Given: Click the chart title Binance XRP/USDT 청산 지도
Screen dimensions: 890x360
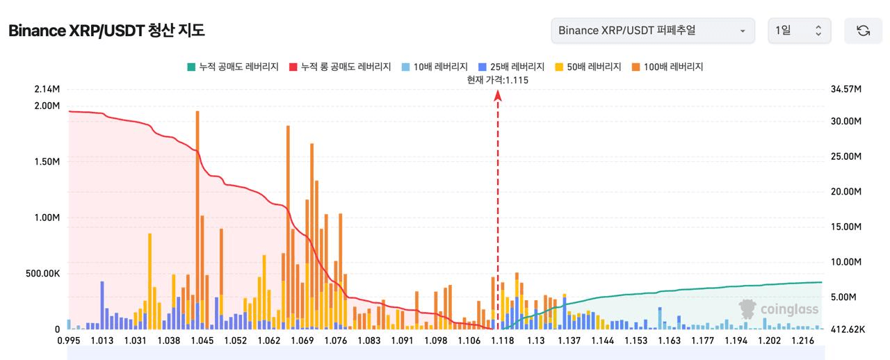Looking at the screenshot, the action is tap(106, 31).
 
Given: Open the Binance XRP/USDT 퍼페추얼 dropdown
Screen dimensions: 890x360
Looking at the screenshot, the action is tap(653, 31).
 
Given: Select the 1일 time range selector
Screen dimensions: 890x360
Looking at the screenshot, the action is tap(800, 31).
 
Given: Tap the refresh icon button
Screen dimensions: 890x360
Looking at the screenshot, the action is tap(863, 31).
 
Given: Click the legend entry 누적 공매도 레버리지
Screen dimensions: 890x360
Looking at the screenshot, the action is tap(233, 67).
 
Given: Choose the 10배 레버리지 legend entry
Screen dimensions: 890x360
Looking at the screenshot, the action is tap(435, 67).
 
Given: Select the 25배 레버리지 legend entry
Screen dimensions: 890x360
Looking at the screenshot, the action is tap(511, 67).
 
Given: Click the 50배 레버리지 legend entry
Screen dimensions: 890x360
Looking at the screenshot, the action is tap(588, 67).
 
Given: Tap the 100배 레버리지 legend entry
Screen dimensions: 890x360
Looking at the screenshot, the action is tap(667, 67).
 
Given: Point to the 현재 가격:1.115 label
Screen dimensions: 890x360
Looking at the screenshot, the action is tap(497, 80).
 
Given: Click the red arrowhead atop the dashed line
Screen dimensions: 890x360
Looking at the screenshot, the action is tap(498, 95).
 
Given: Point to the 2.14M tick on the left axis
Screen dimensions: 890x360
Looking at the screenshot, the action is tap(47, 89).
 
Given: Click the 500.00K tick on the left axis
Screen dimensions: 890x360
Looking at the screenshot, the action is tap(42, 273).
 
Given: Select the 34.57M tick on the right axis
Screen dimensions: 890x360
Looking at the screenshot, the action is tap(846, 89).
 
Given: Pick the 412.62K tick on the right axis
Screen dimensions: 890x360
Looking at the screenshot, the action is tap(848, 329).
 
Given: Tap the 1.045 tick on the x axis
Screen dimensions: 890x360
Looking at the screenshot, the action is tap(202, 341).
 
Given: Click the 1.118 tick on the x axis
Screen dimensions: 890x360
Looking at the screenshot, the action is tap(503, 341).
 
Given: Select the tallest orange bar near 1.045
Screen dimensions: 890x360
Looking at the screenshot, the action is tap(197, 220).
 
